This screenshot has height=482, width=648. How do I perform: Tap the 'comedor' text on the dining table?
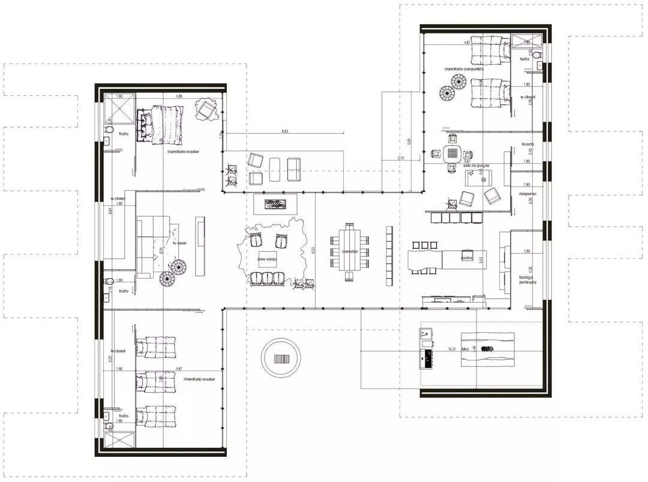(x=350, y=251)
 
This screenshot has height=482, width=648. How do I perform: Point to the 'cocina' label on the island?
(x=468, y=258)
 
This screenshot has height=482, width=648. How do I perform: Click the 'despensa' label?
(x=529, y=194)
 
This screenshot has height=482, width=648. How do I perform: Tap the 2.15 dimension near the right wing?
(x=401, y=158)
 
